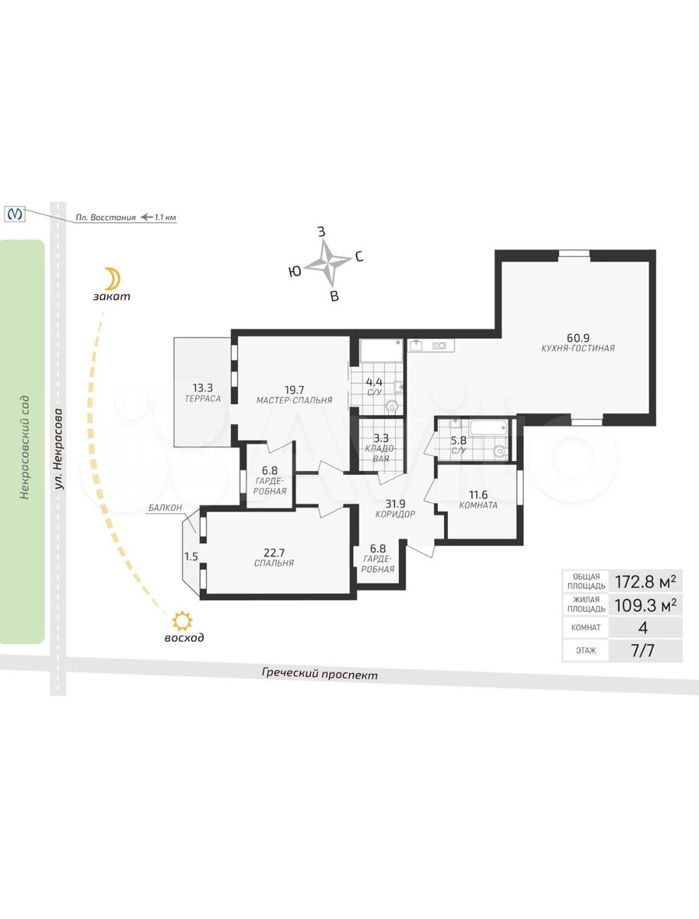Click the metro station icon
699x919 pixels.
(15, 214)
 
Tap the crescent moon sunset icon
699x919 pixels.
(113, 279)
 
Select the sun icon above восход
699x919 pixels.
(182, 621)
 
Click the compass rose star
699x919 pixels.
(328, 262)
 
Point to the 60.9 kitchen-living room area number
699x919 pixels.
(578, 337)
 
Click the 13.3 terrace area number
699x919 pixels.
(203, 388)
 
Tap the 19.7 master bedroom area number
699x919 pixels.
(294, 390)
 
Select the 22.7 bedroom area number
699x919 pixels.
(274, 552)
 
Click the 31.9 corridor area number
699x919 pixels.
(396, 504)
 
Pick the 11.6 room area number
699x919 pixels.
(479, 495)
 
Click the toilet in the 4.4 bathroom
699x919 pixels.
(393, 406)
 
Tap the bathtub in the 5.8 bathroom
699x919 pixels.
(488, 428)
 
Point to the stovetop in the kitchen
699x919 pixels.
(439, 345)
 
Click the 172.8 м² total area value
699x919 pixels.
(645, 581)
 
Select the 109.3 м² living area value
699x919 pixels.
(645, 604)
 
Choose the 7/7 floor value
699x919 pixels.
(643, 650)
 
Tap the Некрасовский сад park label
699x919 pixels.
(24, 446)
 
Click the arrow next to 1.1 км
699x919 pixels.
(146, 217)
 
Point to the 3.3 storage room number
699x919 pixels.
(381, 438)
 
